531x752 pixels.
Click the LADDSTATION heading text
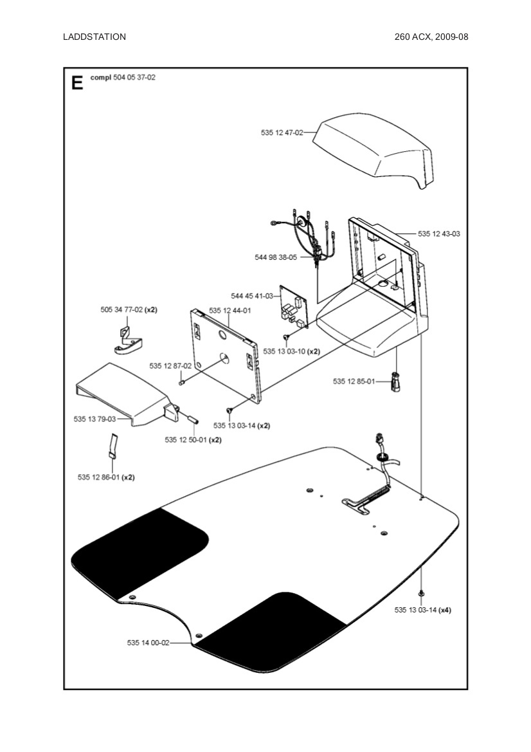[94, 37]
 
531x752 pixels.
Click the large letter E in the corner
[77, 83]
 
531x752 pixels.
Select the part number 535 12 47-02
[282, 133]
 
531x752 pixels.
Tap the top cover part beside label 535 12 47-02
[373, 148]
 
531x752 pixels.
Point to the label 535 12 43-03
[439, 234]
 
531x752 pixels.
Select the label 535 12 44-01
[230, 310]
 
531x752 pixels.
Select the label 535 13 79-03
[94, 419]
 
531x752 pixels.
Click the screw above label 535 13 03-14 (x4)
[421, 591]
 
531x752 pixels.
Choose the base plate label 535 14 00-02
[148, 643]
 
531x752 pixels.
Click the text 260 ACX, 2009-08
[431, 37]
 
